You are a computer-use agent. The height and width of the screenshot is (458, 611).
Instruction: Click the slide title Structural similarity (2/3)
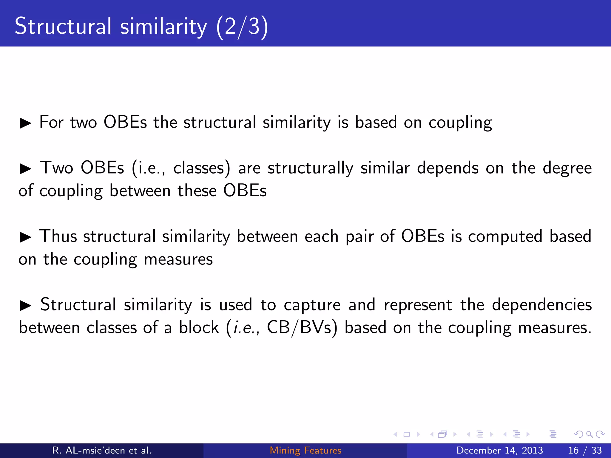tap(141, 26)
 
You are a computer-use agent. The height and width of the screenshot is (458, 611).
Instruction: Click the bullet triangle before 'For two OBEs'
tap(25, 123)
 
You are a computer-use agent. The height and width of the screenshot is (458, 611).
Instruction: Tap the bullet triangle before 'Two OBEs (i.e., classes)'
tap(25, 169)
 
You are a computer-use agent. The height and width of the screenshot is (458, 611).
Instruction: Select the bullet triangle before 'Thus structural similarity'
tap(25, 237)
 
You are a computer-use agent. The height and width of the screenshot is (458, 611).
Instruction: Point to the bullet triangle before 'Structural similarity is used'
tap(25, 306)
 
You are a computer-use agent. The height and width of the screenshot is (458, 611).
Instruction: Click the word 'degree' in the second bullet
tap(567, 168)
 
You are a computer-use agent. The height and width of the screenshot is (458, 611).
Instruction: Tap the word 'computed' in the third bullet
tap(505, 237)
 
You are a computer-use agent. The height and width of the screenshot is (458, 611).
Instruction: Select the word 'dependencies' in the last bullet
tap(541, 305)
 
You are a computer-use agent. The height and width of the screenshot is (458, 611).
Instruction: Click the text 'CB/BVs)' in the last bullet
tap(302, 328)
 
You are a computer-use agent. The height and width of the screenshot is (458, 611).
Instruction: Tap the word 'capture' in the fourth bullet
tap(312, 305)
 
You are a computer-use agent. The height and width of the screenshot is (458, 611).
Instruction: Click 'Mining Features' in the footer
tap(305, 450)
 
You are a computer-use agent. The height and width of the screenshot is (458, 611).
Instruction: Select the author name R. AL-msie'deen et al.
tap(102, 450)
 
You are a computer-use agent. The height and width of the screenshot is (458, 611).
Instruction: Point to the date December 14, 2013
tap(499, 450)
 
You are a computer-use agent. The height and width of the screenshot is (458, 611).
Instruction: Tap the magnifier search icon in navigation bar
tap(589, 434)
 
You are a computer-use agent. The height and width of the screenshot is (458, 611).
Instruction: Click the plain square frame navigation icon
tap(407, 434)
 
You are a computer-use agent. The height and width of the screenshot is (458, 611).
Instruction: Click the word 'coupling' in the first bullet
tap(460, 123)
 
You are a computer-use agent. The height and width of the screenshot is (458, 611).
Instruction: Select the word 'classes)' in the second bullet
tap(202, 168)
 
